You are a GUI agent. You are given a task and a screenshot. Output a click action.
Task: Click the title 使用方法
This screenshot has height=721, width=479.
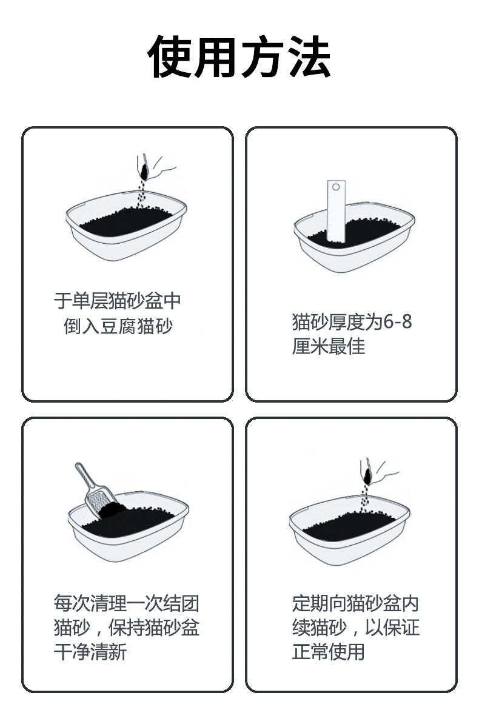click(x=239, y=56)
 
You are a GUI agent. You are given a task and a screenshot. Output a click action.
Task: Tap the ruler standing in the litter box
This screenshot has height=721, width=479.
click(x=336, y=211)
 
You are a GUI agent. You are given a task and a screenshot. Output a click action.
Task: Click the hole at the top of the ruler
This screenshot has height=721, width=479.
click(x=336, y=187)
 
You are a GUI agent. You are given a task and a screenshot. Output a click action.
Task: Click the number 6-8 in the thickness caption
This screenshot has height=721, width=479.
click(x=398, y=322)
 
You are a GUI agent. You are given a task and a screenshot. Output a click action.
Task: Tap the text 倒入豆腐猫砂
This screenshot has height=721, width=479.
click(x=118, y=326)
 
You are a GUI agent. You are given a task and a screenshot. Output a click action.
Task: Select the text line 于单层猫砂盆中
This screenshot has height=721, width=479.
click(x=118, y=301)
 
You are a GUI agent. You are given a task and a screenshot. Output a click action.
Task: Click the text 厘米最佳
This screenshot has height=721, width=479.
click(x=329, y=346)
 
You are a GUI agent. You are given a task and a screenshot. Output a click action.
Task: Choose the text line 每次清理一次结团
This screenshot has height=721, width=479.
click(x=126, y=603)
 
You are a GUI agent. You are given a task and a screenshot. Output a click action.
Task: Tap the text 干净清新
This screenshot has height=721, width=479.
click(x=90, y=652)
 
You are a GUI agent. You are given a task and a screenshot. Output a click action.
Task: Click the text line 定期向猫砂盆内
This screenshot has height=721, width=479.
click(x=355, y=603)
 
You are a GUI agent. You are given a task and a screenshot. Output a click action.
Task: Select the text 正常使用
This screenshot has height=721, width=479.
click(x=329, y=652)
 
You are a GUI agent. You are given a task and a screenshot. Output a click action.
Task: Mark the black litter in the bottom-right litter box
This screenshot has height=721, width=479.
click(x=349, y=526)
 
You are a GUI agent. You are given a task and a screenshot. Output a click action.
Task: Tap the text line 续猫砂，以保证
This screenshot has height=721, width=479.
click(x=356, y=628)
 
